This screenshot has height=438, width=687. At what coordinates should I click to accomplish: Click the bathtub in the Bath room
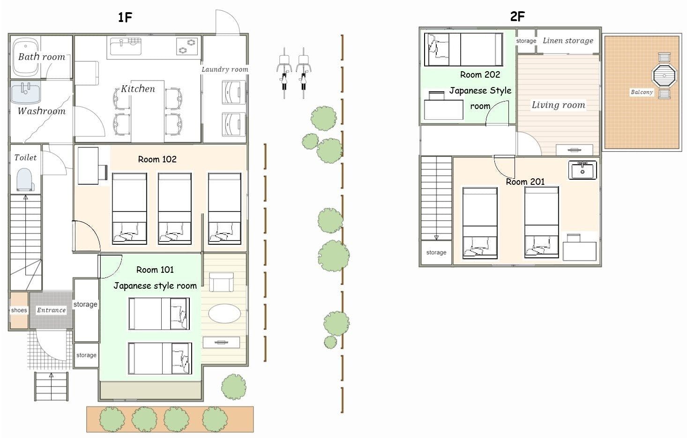pyautogui.click(x=26, y=57)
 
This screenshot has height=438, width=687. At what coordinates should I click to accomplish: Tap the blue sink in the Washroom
pyautogui.click(x=26, y=93)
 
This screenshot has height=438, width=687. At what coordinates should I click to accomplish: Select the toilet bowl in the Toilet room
pyautogui.click(x=25, y=180)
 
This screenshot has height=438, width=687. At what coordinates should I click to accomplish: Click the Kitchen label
pyautogui.click(x=138, y=89)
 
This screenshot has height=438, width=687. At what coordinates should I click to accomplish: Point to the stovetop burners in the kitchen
pyautogui.click(x=187, y=46)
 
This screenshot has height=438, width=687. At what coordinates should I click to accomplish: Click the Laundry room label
pyautogui.click(x=225, y=70)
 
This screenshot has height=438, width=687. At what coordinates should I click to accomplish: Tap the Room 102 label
pyautogui.click(x=157, y=159)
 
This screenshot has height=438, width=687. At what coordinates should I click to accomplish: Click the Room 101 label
pyautogui.click(x=155, y=270)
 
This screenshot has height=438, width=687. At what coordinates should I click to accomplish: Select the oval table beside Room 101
pyautogui.click(x=224, y=314)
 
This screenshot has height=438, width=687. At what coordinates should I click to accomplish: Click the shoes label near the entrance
pyautogui.click(x=19, y=310)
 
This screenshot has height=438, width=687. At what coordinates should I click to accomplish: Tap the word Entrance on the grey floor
pyautogui.click(x=51, y=310)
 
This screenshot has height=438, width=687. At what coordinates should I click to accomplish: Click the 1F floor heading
pyautogui.click(x=125, y=17)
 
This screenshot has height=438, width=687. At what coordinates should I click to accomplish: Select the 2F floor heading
pyautogui.click(x=518, y=16)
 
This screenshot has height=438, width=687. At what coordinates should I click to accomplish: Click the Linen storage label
pyautogui.click(x=568, y=41)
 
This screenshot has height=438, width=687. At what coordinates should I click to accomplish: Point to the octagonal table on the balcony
pyautogui.click(x=664, y=75)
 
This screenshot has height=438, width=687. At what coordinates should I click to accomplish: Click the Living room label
pyautogui.click(x=558, y=105)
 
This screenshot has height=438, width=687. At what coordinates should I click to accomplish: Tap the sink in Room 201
pyautogui.click(x=582, y=170)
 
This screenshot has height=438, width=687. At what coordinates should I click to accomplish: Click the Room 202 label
pyautogui.click(x=480, y=75)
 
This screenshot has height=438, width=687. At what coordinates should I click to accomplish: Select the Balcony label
pyautogui.click(x=642, y=92)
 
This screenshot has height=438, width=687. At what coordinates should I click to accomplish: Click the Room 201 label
pyautogui.click(x=525, y=182)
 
